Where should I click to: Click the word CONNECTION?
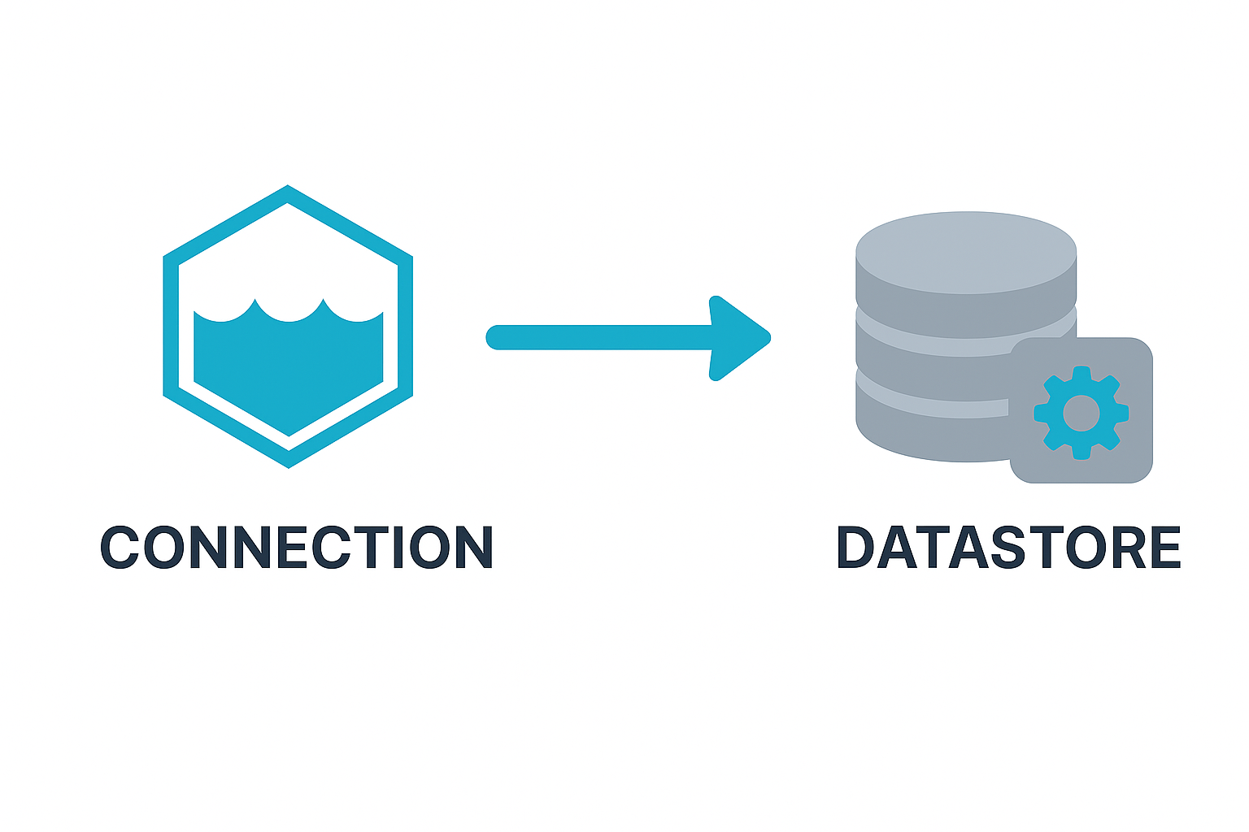pos(297,547)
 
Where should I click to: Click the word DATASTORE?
pos(1008,547)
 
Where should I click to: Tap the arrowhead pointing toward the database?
pos(740,337)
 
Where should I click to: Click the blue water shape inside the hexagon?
pos(289,366)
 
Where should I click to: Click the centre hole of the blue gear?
pos(1081,414)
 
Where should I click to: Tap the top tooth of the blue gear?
pos(1081,373)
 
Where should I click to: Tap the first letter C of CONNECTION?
pos(121,547)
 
